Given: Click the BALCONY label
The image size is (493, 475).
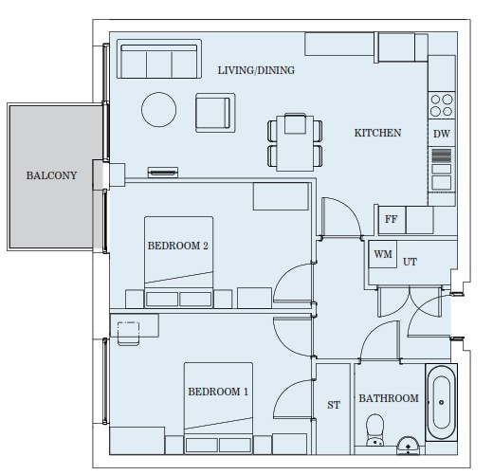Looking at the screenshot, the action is pyautogui.click(x=51, y=175).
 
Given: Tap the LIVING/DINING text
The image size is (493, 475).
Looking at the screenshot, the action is pyautogui.click(x=256, y=70).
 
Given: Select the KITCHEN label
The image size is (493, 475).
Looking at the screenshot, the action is pyautogui.click(x=377, y=133).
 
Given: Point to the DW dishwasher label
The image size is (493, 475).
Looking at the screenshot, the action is pyautogui.click(x=442, y=134).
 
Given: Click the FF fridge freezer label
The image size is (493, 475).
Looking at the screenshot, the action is pyautogui.click(x=391, y=219).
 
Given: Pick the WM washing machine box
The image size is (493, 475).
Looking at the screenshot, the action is pyautogui.click(x=383, y=254).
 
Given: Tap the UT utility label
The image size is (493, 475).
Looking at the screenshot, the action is pyautogui.click(x=410, y=262).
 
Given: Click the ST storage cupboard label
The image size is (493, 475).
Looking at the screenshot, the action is pyautogui.click(x=334, y=405).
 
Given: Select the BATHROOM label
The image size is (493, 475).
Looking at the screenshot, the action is pyautogui.click(x=389, y=398).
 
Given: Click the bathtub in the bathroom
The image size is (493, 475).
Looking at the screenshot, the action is pyautogui.click(x=442, y=402).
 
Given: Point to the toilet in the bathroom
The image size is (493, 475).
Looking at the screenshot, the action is pyautogui.click(x=374, y=429).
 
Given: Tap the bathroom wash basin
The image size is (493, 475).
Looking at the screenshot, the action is pyautogui.click(x=408, y=446).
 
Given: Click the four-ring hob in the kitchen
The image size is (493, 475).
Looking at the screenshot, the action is pyautogui.click(x=442, y=105).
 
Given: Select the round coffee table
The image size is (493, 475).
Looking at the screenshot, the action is pyautogui.click(x=158, y=109).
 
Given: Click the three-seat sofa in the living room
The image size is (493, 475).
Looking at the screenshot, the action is pyautogui.click(x=159, y=59).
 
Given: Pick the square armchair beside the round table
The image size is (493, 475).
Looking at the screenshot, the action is pyautogui.click(x=215, y=113).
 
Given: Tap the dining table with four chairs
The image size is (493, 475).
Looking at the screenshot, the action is pyautogui.click(x=295, y=142).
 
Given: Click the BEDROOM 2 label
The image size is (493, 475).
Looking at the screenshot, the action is pyautogui.click(x=178, y=246).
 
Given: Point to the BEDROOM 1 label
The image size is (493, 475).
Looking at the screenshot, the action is pyautogui.click(x=218, y=392).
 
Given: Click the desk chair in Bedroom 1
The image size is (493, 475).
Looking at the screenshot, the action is pyautogui.click(x=128, y=334).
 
